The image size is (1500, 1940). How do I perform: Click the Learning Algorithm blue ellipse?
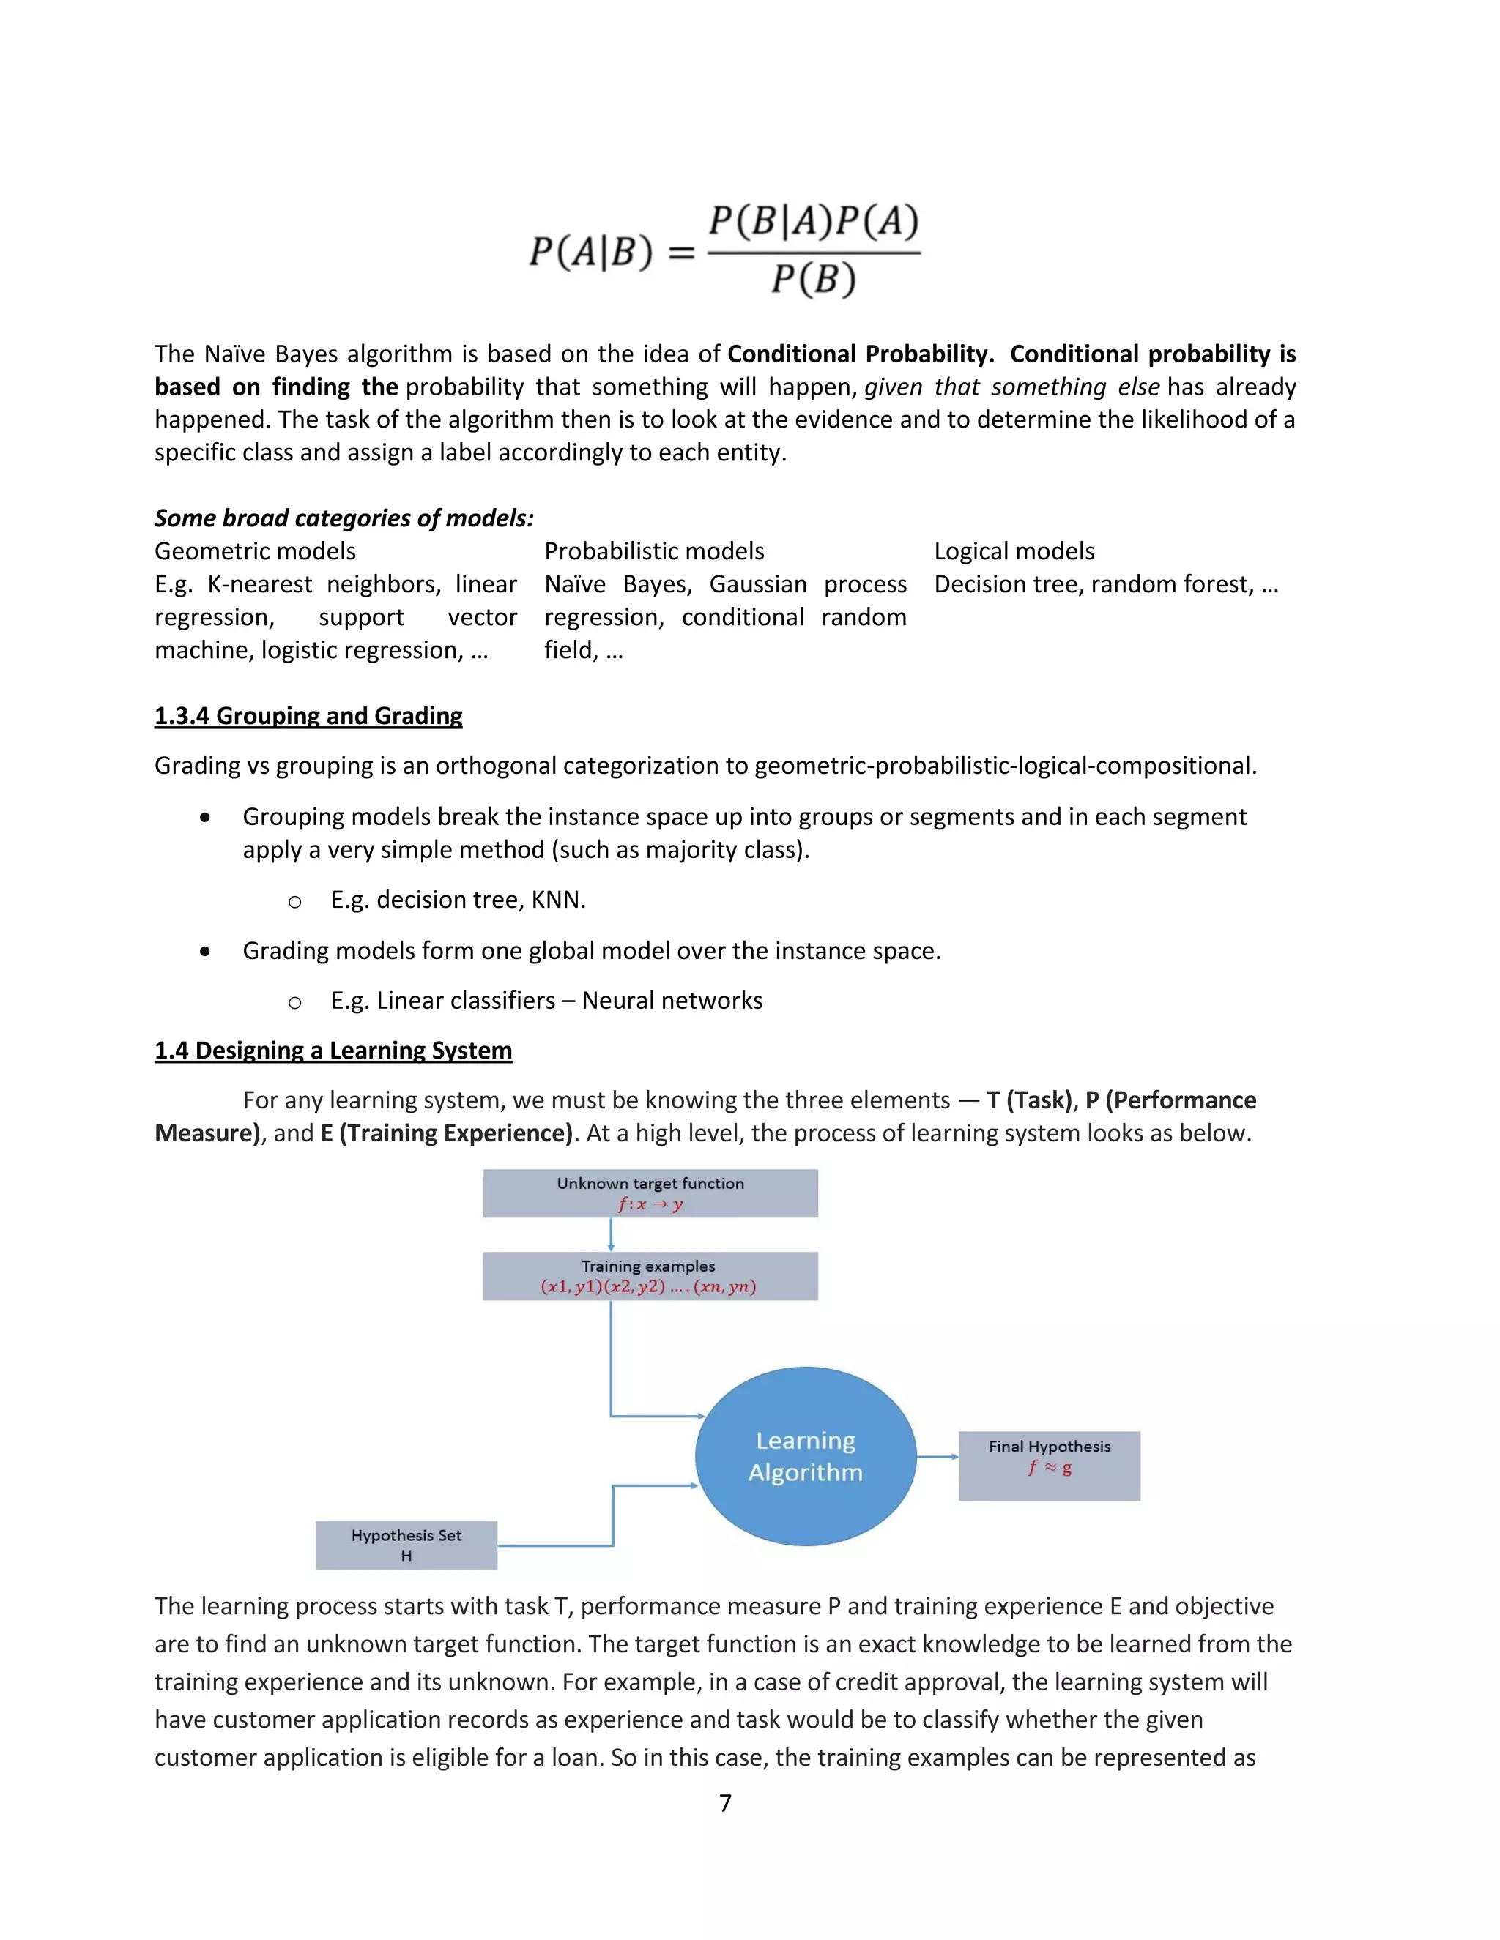(x=805, y=1456)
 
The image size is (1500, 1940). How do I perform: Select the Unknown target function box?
(x=650, y=1193)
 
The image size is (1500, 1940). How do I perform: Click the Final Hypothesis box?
(x=1049, y=1466)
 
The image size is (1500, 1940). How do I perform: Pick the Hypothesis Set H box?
(x=406, y=1545)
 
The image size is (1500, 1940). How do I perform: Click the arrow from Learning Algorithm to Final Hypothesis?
(x=937, y=1457)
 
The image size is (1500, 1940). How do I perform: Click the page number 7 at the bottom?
(x=725, y=1803)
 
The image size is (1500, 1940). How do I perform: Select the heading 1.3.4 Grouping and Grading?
(x=308, y=716)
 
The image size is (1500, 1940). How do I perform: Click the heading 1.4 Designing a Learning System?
(x=333, y=1051)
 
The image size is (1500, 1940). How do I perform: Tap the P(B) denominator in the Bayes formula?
(x=812, y=280)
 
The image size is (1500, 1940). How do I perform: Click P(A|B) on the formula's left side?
(x=591, y=253)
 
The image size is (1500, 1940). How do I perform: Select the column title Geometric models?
(x=255, y=552)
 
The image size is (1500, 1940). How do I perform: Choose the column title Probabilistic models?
(x=654, y=552)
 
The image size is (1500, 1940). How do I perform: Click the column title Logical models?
(x=1014, y=552)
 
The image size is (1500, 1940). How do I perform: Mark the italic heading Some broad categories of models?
(x=344, y=518)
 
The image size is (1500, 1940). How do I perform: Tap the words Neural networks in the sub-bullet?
(x=672, y=1001)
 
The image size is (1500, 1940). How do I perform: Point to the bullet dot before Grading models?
(x=205, y=952)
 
